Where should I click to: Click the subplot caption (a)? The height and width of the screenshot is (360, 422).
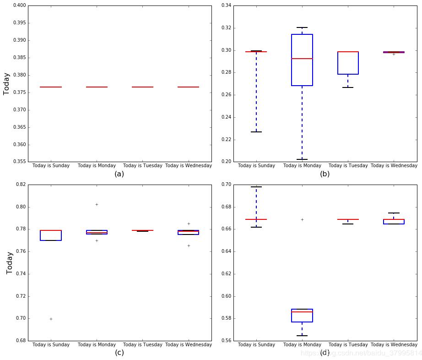pyautogui.click(x=119, y=174)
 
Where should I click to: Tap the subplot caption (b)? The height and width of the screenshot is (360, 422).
pyautogui.click(x=325, y=174)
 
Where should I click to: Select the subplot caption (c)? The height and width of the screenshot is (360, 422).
pyautogui.click(x=119, y=353)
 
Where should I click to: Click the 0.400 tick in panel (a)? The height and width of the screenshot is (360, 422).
pyautogui.click(x=19, y=5)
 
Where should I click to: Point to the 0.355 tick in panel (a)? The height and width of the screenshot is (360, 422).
pyautogui.click(x=19, y=162)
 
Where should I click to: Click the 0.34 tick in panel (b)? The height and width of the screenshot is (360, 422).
pyautogui.click(x=226, y=5)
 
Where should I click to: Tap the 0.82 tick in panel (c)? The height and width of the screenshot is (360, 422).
pyautogui.click(x=20, y=185)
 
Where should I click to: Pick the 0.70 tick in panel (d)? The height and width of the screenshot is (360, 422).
pyautogui.click(x=226, y=185)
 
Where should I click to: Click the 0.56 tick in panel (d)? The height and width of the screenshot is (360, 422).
pyautogui.click(x=226, y=341)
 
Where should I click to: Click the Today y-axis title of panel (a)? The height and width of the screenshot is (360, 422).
pyautogui.click(x=7, y=83)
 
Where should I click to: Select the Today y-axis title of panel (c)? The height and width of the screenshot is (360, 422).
pyautogui.click(x=10, y=262)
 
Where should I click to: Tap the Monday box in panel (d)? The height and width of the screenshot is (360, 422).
pyautogui.click(x=302, y=316)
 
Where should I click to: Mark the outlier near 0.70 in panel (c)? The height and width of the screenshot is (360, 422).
pyautogui.click(x=51, y=319)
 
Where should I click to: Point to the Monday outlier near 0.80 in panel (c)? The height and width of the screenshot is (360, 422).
pyautogui.click(x=97, y=204)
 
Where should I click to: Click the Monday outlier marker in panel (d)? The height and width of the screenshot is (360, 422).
pyautogui.click(x=302, y=219)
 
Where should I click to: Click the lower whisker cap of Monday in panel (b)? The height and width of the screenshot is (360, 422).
pyautogui.click(x=302, y=159)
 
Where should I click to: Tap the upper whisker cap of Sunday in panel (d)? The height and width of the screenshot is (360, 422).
pyautogui.click(x=256, y=187)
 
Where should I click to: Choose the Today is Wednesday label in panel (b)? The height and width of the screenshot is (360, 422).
pyautogui.click(x=394, y=165)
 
